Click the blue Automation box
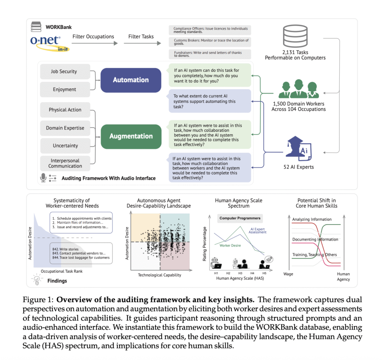131,80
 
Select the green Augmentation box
131,136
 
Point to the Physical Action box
65,110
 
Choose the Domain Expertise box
65,128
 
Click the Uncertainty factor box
65,146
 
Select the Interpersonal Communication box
65,163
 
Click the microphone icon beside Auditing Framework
44,178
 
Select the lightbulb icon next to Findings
37,280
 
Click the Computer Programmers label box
240,218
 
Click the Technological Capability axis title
159,275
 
